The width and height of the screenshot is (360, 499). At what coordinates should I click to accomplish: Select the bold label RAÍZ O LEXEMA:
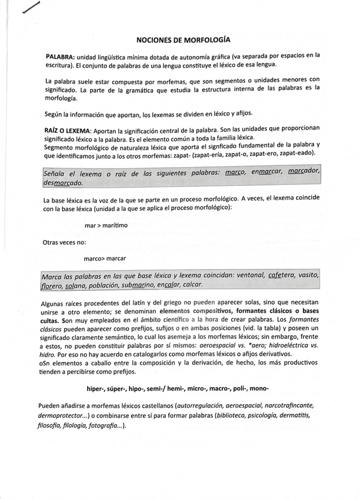(x=66, y=129)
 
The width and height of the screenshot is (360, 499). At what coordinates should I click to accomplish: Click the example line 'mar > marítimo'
(x=104, y=226)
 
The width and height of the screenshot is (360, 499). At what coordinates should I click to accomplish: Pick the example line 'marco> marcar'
(x=104, y=258)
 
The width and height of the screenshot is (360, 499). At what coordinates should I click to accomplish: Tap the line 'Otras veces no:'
(x=64, y=242)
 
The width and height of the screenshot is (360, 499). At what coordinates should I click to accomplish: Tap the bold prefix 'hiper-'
(x=98, y=389)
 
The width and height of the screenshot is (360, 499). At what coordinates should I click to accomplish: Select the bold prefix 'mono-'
(x=259, y=389)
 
